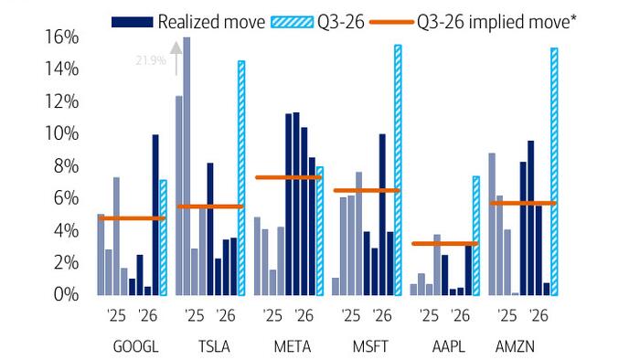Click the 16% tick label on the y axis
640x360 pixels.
tap(62, 37)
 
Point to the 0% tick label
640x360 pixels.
tap(66, 294)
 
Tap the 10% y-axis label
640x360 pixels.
tap(62, 133)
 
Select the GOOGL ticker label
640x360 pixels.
tap(135, 347)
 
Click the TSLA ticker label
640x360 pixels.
tap(214, 347)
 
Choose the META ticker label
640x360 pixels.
tap(293, 347)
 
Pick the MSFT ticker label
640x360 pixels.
tap(370, 347)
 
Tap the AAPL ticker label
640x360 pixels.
tap(449, 347)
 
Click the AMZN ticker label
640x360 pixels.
tap(515, 347)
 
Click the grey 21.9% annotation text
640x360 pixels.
tap(151, 60)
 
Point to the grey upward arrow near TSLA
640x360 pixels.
tap(176, 58)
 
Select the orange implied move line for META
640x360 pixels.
tap(289, 177)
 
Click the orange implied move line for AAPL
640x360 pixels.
tap(444, 244)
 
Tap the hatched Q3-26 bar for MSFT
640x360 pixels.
tap(398, 171)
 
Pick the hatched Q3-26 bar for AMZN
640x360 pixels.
tap(554, 172)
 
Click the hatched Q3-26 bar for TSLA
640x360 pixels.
tap(241, 178)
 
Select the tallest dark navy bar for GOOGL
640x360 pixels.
tap(155, 215)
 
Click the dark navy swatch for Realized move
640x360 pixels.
tap(133, 22)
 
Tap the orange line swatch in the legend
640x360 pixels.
tap(391, 22)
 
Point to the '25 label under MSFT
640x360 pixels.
tap(350, 315)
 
